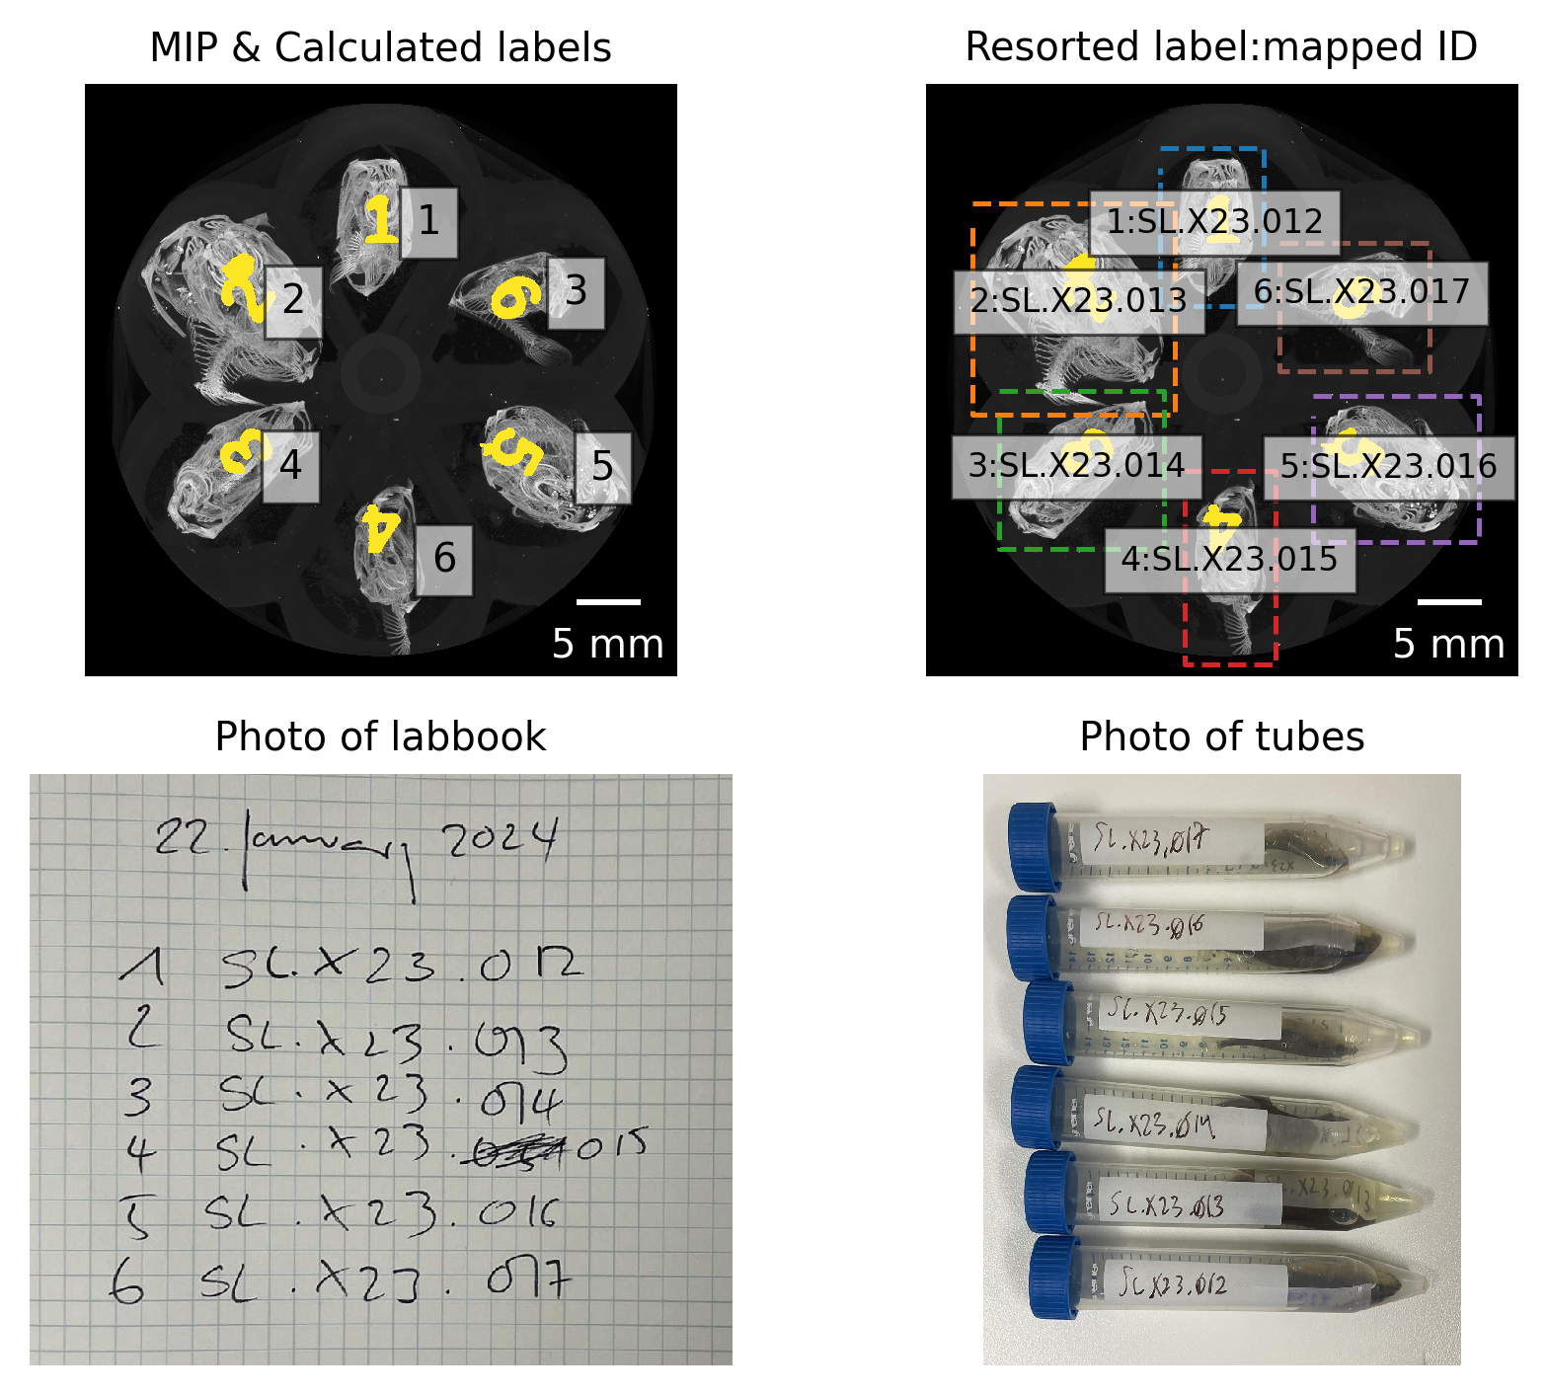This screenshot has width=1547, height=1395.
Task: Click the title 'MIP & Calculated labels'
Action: [380, 47]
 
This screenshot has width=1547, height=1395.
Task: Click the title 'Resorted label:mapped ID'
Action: [1221, 47]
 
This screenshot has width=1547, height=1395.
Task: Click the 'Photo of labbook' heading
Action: [380, 736]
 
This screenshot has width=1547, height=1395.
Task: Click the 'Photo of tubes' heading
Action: [1221, 736]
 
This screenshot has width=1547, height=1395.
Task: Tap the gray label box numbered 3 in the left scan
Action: [576, 292]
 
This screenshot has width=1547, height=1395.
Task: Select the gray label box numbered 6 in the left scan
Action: [444, 559]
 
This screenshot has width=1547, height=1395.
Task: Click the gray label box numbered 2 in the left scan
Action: [293, 300]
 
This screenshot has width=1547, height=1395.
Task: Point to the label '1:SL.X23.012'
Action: [1214, 221]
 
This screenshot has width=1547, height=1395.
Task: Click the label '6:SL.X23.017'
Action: [1361, 292]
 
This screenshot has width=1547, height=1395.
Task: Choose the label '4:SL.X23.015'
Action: [1229, 560]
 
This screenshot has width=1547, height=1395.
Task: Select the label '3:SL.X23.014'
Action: [1076, 466]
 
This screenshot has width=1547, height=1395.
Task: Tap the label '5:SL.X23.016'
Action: [1388, 467]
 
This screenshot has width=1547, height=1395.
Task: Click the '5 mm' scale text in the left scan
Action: [607, 644]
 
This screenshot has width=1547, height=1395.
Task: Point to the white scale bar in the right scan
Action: [1449, 601]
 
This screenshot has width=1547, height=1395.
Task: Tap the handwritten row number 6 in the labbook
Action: [126, 1284]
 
